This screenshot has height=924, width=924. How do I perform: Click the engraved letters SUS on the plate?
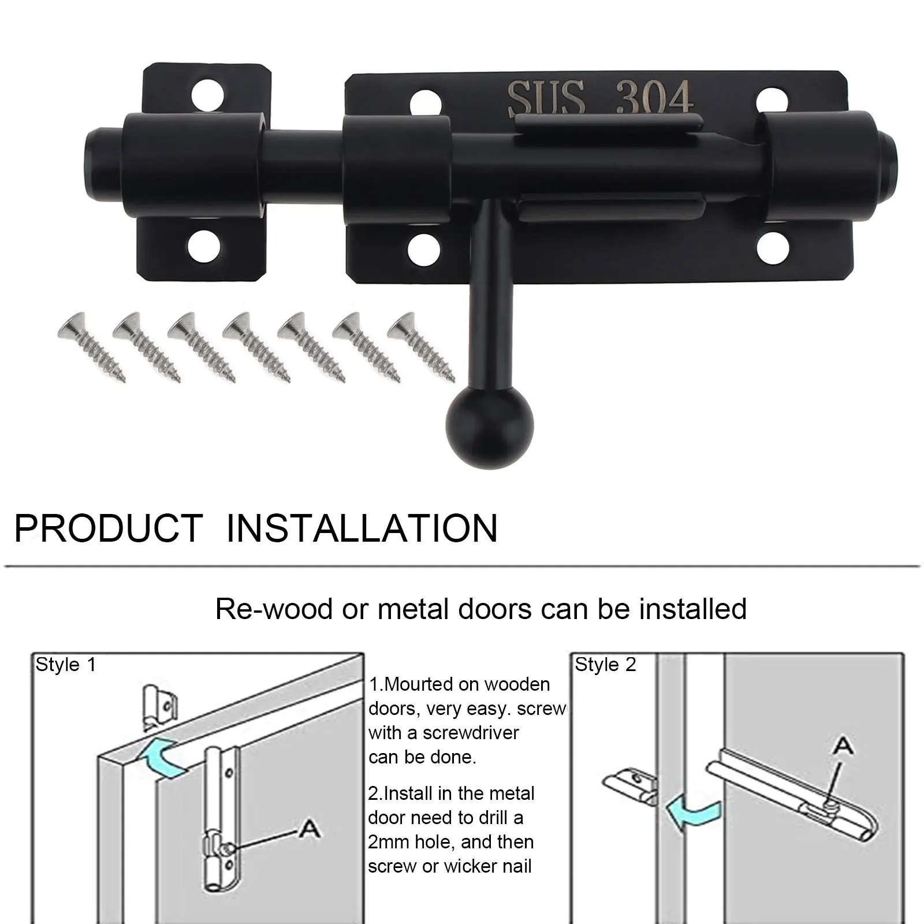[x=546, y=98]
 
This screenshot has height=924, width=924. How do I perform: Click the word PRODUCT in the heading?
[x=109, y=528]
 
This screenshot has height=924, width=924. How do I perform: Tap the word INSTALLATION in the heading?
[x=362, y=528]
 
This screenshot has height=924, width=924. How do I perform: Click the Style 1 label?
[x=66, y=665]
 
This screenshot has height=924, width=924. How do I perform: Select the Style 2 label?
[x=605, y=665]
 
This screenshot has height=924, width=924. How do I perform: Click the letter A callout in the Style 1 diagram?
[x=310, y=829]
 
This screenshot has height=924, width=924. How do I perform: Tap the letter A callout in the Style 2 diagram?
[x=844, y=747]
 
